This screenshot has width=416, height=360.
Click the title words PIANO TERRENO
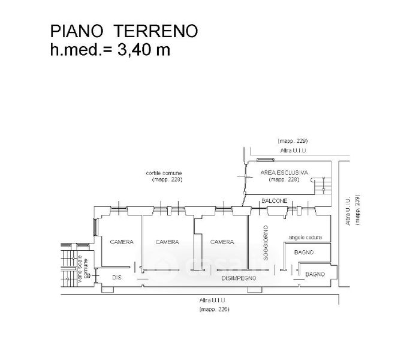pos(123,31)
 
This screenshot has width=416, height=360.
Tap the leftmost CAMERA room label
pos(121,242)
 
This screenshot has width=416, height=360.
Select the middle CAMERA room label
pos(167,242)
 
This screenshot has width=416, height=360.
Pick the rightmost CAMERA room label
pos(221,242)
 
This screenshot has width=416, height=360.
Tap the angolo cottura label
pos(305,236)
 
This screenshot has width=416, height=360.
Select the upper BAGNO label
pos(304,253)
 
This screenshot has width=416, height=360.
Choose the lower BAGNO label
pos(315,274)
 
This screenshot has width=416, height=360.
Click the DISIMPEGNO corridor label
pos(239,279)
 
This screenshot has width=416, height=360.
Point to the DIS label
pos(117,277)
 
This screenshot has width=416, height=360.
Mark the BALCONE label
pos(275,200)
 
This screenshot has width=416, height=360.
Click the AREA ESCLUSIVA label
pos(284,173)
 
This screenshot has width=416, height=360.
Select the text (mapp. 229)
pos(293,140)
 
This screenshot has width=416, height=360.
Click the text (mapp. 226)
pos(215,310)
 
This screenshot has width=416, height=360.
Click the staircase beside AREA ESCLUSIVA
pos(322,186)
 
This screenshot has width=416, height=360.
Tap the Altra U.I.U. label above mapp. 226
pos(215,301)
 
